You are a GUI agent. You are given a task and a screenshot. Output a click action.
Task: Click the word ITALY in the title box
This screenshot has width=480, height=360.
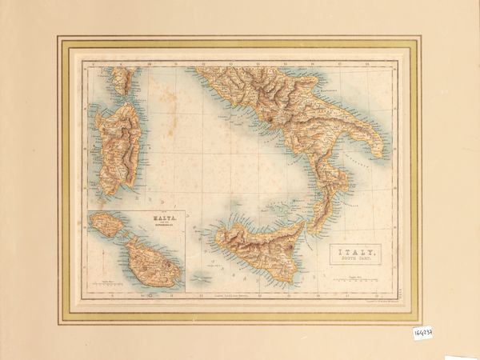click(x=357, y=254)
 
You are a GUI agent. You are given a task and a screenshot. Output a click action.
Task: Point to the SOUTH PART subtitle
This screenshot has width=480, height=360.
click(x=357, y=263)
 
